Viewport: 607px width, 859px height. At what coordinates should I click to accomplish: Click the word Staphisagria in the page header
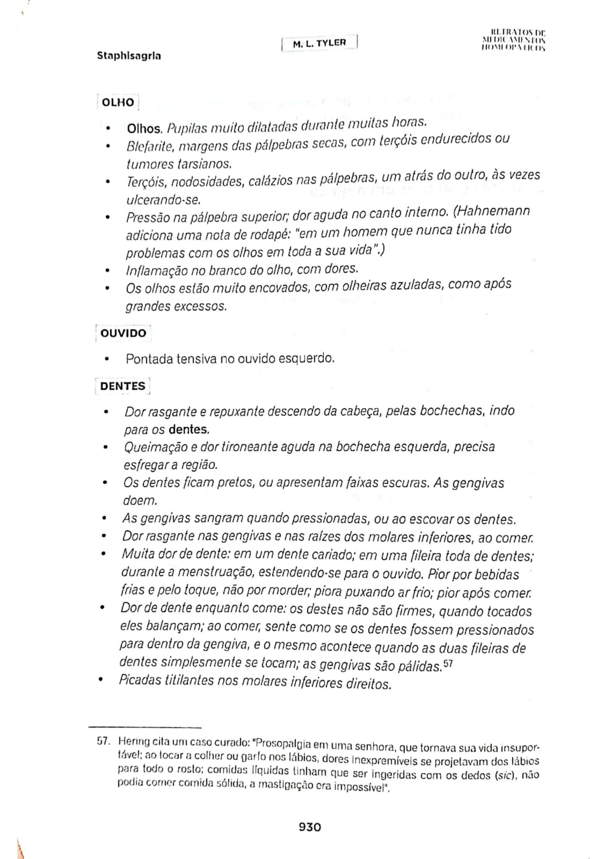pyautogui.click(x=129, y=56)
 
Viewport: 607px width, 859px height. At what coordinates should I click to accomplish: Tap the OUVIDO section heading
pyautogui.click(x=123, y=333)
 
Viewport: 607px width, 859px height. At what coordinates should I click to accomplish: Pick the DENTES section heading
pyautogui.click(x=122, y=386)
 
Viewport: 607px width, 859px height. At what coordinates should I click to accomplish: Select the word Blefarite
pyautogui.click(x=149, y=147)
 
